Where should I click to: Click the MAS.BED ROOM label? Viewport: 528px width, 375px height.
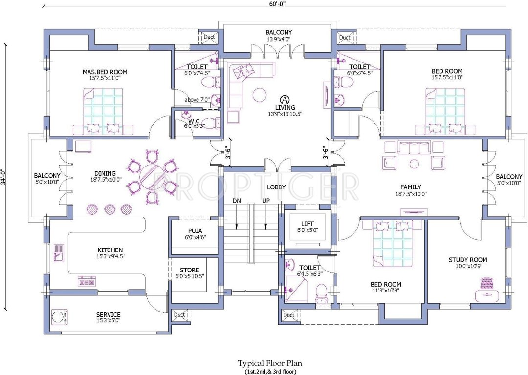point(102,71)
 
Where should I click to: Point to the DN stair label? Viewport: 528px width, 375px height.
point(237,201)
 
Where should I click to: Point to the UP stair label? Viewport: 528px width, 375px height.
point(265,201)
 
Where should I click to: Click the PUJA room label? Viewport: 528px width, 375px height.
point(195,231)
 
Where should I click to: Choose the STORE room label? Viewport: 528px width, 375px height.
point(189,270)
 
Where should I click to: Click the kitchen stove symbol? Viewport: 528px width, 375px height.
point(87,281)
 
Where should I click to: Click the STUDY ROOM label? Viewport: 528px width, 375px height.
point(468,260)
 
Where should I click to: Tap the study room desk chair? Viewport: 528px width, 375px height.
point(486,282)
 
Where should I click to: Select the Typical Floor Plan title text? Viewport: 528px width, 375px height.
point(270,363)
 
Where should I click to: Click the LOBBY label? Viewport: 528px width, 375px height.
point(276,187)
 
